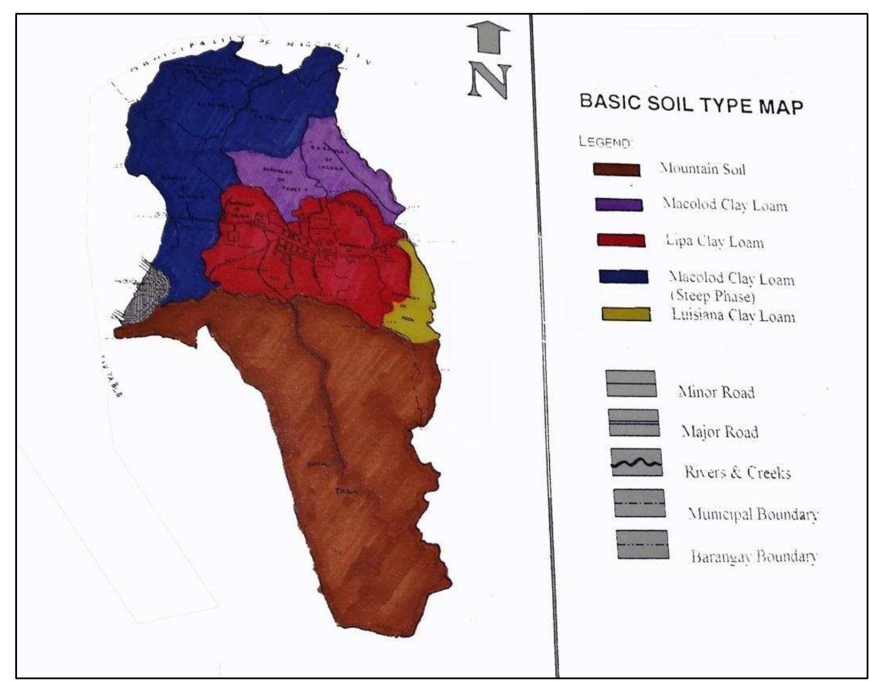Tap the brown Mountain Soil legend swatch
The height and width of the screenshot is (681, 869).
tap(616, 170)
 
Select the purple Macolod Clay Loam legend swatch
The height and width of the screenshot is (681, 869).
tap(619, 204)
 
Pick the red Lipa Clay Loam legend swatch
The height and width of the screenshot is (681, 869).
tap(621, 240)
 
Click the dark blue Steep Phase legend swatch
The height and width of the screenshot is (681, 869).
tap(623, 277)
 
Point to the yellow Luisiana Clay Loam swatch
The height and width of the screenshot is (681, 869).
tap(626, 314)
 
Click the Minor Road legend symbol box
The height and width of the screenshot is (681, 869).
tap(631, 383)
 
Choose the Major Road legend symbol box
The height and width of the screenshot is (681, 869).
tap(634, 423)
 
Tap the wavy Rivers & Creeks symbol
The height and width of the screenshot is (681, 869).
tap(636, 463)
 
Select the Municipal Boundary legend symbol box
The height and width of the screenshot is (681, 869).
tap(639, 503)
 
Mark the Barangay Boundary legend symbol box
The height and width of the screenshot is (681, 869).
tap(643, 544)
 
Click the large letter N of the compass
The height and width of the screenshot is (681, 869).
tap(489, 80)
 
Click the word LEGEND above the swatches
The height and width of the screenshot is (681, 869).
tap(604, 142)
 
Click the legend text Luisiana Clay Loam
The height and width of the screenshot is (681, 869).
tap(733, 315)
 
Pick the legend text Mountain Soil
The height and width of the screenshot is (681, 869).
tap(702, 169)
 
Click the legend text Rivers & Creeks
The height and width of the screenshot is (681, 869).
tap(737, 472)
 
